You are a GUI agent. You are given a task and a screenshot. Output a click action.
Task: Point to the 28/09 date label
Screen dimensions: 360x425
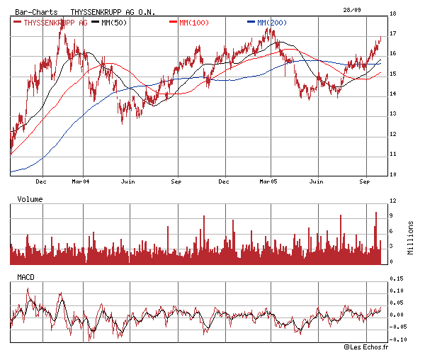(351, 9)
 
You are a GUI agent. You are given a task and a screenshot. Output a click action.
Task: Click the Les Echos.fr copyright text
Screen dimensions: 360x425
(367, 347)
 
